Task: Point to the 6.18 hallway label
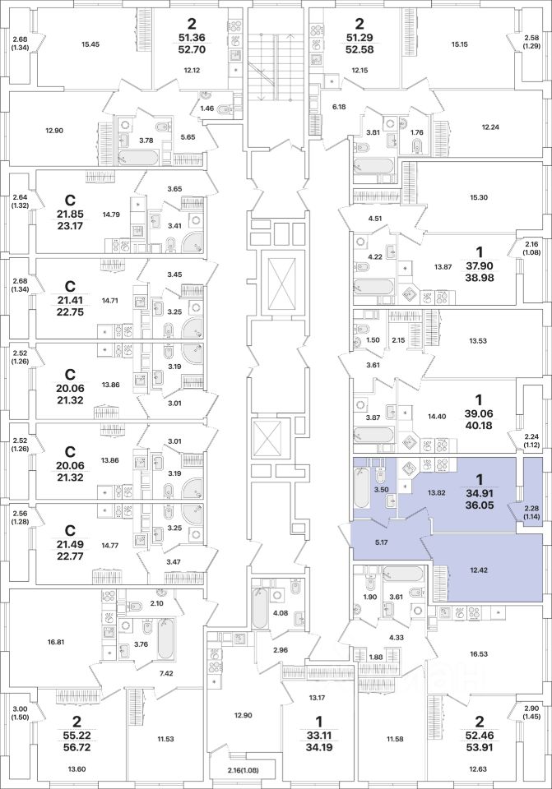[x=339, y=107]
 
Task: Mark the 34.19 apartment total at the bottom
[x=318, y=748]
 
